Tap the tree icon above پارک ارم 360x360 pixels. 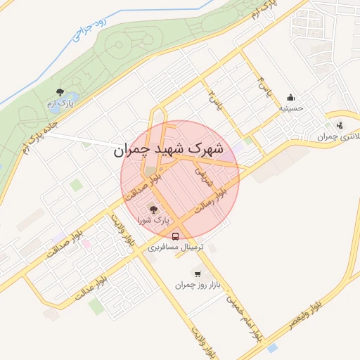pyautogui.click(x=60, y=92)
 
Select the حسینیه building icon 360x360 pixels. pyautogui.click(x=290, y=97)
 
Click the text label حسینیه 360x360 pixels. pyautogui.click(x=290, y=109)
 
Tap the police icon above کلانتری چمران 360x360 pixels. pyautogui.click(x=340, y=125)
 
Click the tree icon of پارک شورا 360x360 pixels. pyautogui.click(x=153, y=209)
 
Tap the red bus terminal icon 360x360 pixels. pyautogui.click(x=175, y=236)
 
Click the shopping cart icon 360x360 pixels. pyautogui.click(x=197, y=274)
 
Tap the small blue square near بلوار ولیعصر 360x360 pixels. pyautogui.click(x=272, y=348)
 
